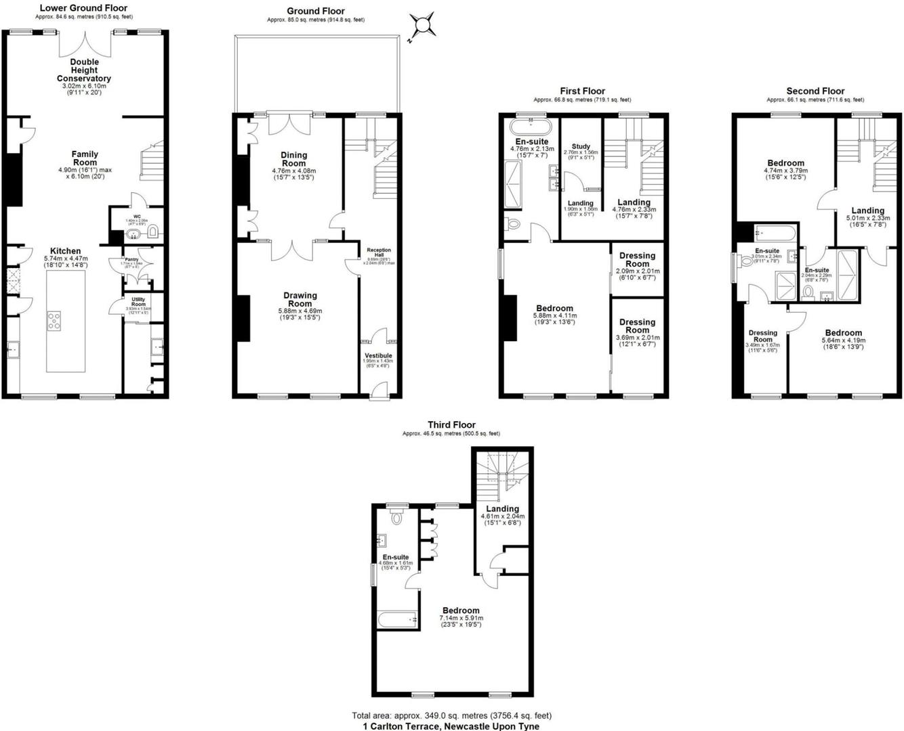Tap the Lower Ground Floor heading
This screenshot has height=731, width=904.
coord(83,8)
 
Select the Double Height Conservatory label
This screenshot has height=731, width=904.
coord(83,70)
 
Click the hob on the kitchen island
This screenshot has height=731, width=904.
coord(54,321)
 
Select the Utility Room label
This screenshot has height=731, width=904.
coord(138,301)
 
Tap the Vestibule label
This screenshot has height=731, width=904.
coord(378,355)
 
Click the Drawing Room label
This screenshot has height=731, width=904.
coord(300,299)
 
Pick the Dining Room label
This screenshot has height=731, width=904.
coord(293,159)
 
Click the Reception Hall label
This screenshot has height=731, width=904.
coord(379,253)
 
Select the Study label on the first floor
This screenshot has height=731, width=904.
coord(581,146)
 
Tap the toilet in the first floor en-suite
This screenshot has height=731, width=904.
coord(513,223)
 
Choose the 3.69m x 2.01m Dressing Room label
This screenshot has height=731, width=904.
coord(637,326)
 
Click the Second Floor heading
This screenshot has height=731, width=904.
coord(815,91)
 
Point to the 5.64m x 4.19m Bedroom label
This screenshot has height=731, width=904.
coord(843,332)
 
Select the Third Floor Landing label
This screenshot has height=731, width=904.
coord(502,509)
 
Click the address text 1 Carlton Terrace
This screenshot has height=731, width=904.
coord(451,726)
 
